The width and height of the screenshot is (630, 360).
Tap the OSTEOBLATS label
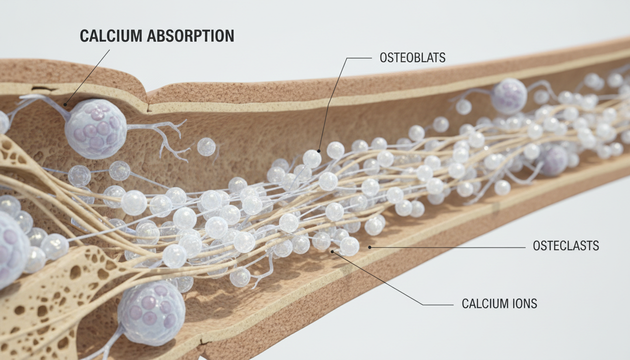coord(412,58)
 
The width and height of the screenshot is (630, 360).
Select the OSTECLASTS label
coord(566,246)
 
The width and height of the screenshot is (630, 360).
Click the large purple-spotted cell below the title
coord(96,128)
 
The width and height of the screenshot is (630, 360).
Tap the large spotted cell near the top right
coord(509,96)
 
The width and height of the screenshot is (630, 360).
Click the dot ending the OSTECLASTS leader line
coord(370,247)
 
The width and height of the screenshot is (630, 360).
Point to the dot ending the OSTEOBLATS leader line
coord(319,151)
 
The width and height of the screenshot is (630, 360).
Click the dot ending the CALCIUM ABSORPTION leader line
coord(65,105)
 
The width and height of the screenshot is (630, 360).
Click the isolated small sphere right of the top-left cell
coord(206,147)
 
